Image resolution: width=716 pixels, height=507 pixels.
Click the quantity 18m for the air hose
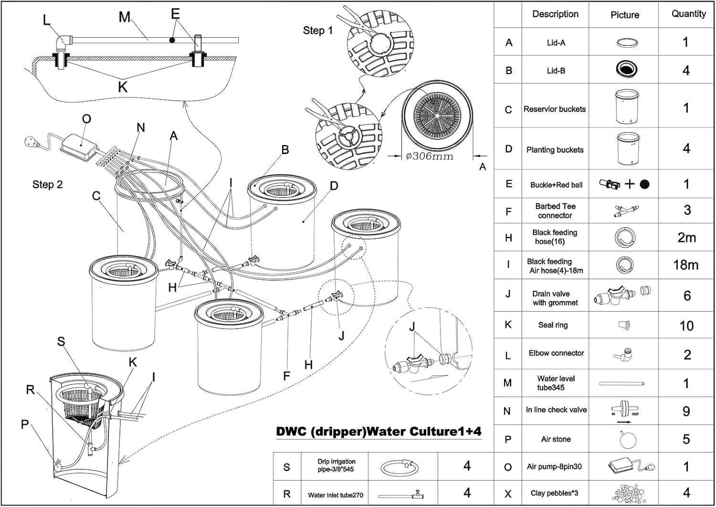point(685,265)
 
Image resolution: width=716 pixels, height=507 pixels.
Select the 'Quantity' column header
point(688,14)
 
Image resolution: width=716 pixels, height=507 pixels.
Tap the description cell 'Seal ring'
point(553,325)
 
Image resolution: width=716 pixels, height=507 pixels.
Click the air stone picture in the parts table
point(625,440)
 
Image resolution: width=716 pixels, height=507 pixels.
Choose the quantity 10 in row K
point(686,326)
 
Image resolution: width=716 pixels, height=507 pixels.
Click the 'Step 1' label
point(318,31)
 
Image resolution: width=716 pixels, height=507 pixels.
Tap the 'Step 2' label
point(48,184)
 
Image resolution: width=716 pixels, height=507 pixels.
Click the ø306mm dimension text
point(429,156)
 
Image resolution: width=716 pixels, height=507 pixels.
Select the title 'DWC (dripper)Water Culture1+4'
point(379,432)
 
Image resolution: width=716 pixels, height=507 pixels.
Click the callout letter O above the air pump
point(86,119)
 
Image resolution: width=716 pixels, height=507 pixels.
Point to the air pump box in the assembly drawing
point(79,147)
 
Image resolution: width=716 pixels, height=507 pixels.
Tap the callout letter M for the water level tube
point(124,17)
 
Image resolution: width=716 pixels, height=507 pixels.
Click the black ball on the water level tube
point(172,40)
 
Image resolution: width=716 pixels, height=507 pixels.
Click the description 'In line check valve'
point(556,410)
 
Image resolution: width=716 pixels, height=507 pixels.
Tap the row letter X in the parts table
point(508,494)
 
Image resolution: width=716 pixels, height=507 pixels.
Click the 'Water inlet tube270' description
point(336,495)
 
